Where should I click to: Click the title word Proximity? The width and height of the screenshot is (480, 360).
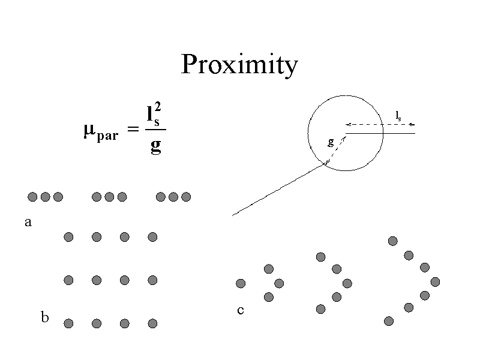pos(239,65)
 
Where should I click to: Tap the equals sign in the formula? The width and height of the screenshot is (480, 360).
pos(133,130)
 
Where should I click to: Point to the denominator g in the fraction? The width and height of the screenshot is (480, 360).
pos(155,146)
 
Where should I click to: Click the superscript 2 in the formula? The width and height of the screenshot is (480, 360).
pos(157,107)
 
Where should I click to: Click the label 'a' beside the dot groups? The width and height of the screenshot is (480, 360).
pos(27,223)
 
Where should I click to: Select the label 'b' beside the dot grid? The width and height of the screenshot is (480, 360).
pos(44,317)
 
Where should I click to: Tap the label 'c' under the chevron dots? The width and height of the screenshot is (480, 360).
pos(240,310)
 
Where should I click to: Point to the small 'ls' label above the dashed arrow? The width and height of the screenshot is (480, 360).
pos(399,115)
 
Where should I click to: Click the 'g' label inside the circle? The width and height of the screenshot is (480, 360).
pos(331,142)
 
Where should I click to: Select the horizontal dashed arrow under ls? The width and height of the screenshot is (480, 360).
pos(380,125)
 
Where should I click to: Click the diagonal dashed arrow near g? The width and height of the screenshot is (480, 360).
pos(335,150)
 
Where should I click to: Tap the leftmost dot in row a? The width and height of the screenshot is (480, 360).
pos(32,197)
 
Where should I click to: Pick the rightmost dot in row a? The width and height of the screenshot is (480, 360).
pos(186,197)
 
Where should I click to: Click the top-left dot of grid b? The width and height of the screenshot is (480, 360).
pos(68,237)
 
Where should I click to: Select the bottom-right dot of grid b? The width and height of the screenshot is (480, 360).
pos(152,323)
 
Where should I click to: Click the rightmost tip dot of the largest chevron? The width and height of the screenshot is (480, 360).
pos(435,281)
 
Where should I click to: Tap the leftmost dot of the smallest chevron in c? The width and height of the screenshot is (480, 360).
pos(241,283)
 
